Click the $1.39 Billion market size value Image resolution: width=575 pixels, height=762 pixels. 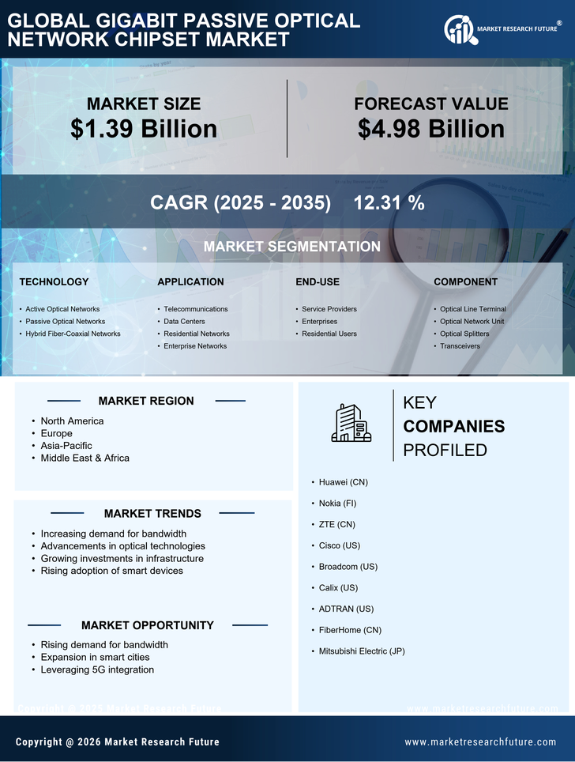pos(144,129)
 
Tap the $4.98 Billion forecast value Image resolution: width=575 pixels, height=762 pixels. pos(430,129)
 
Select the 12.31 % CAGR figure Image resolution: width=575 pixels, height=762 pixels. pos(389,203)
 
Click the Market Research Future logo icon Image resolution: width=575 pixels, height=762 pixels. pos(459,30)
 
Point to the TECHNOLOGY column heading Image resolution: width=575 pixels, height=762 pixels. pos(54,282)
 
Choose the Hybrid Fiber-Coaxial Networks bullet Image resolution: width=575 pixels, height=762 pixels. pos(73,334)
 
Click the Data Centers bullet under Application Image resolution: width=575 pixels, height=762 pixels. pos(184,322)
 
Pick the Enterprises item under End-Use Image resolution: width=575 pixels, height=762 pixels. pos(319,322)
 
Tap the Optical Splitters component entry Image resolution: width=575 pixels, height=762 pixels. pos(464,334)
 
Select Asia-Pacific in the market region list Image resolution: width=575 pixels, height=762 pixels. pos(67,446)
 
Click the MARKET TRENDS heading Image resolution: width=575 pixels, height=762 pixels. pos(152,514)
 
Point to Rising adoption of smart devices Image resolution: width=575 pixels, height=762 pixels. pos(111,571)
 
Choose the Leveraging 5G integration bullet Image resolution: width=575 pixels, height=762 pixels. pos(97,670)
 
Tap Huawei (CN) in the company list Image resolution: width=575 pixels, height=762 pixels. pos(343,481)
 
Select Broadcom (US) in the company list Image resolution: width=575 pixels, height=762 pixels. pos(348,567)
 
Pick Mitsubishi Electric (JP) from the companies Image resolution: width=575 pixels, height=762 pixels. pos(362,651)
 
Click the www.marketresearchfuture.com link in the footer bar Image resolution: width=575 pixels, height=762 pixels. pos(480,741)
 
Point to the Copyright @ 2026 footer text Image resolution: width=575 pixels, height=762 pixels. pos(117,741)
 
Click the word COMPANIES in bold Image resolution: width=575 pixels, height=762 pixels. pos(453,427)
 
